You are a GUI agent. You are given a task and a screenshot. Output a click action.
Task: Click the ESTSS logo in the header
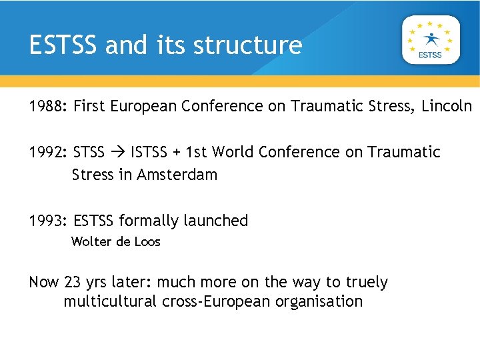click(430, 39)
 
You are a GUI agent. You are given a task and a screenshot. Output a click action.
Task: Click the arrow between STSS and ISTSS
click(117, 153)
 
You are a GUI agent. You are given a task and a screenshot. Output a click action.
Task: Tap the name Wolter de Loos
click(116, 241)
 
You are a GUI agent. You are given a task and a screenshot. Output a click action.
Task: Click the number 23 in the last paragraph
click(72, 282)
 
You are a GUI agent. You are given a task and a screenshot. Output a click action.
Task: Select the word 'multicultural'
click(110, 301)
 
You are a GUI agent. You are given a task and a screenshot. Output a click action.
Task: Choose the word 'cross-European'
click(217, 301)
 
